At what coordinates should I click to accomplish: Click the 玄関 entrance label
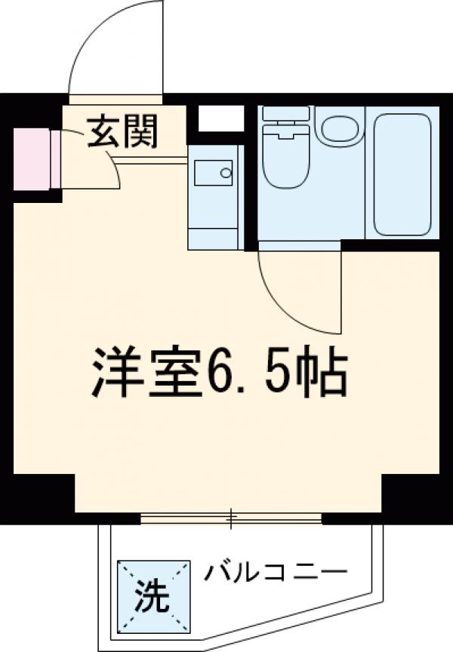coord(123,133)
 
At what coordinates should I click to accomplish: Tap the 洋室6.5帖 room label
coord(220,372)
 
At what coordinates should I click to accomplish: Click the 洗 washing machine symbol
coord(153,597)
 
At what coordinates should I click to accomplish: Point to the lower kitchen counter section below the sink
coord(214,226)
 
